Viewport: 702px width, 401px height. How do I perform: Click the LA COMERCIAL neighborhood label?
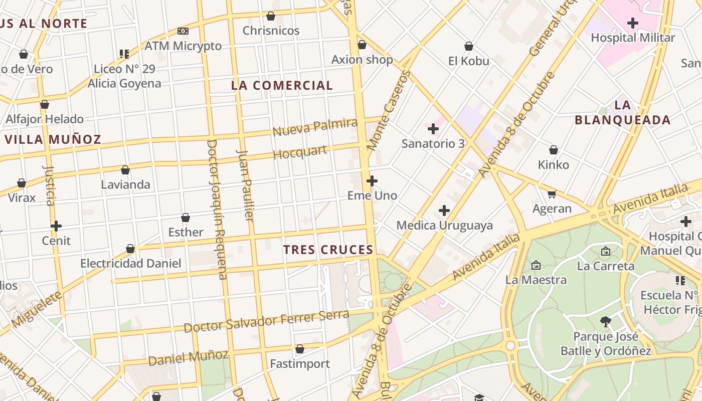(x=282, y=86)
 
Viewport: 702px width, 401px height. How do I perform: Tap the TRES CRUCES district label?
(x=328, y=250)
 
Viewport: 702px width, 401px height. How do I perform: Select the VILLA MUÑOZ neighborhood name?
(x=53, y=139)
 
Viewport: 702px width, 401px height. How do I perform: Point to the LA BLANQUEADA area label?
(x=622, y=112)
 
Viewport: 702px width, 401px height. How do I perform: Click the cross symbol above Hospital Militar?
(x=633, y=23)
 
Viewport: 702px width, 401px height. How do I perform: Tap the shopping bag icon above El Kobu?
(x=469, y=46)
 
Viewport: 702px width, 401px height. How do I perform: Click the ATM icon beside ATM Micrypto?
(x=183, y=31)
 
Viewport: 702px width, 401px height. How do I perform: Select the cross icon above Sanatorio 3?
(x=433, y=129)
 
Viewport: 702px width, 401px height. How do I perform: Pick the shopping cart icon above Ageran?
(x=552, y=194)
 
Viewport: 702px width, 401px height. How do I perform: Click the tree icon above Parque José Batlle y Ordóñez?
(x=606, y=321)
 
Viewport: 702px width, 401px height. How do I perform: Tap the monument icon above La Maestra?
(x=536, y=265)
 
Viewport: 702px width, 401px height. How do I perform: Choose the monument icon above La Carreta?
(x=606, y=251)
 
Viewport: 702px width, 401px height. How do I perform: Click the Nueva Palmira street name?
(x=315, y=127)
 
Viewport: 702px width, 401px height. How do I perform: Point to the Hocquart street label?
(x=300, y=152)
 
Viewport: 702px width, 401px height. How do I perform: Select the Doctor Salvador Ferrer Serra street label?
(x=266, y=322)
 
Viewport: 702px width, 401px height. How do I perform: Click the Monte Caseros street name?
(x=389, y=110)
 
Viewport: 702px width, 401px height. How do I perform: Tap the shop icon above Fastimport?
(x=300, y=349)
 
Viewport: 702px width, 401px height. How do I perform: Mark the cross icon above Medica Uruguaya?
(x=444, y=211)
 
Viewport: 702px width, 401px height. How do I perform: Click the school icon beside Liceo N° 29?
(x=124, y=54)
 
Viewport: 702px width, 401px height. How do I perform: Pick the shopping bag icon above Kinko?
(x=554, y=150)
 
